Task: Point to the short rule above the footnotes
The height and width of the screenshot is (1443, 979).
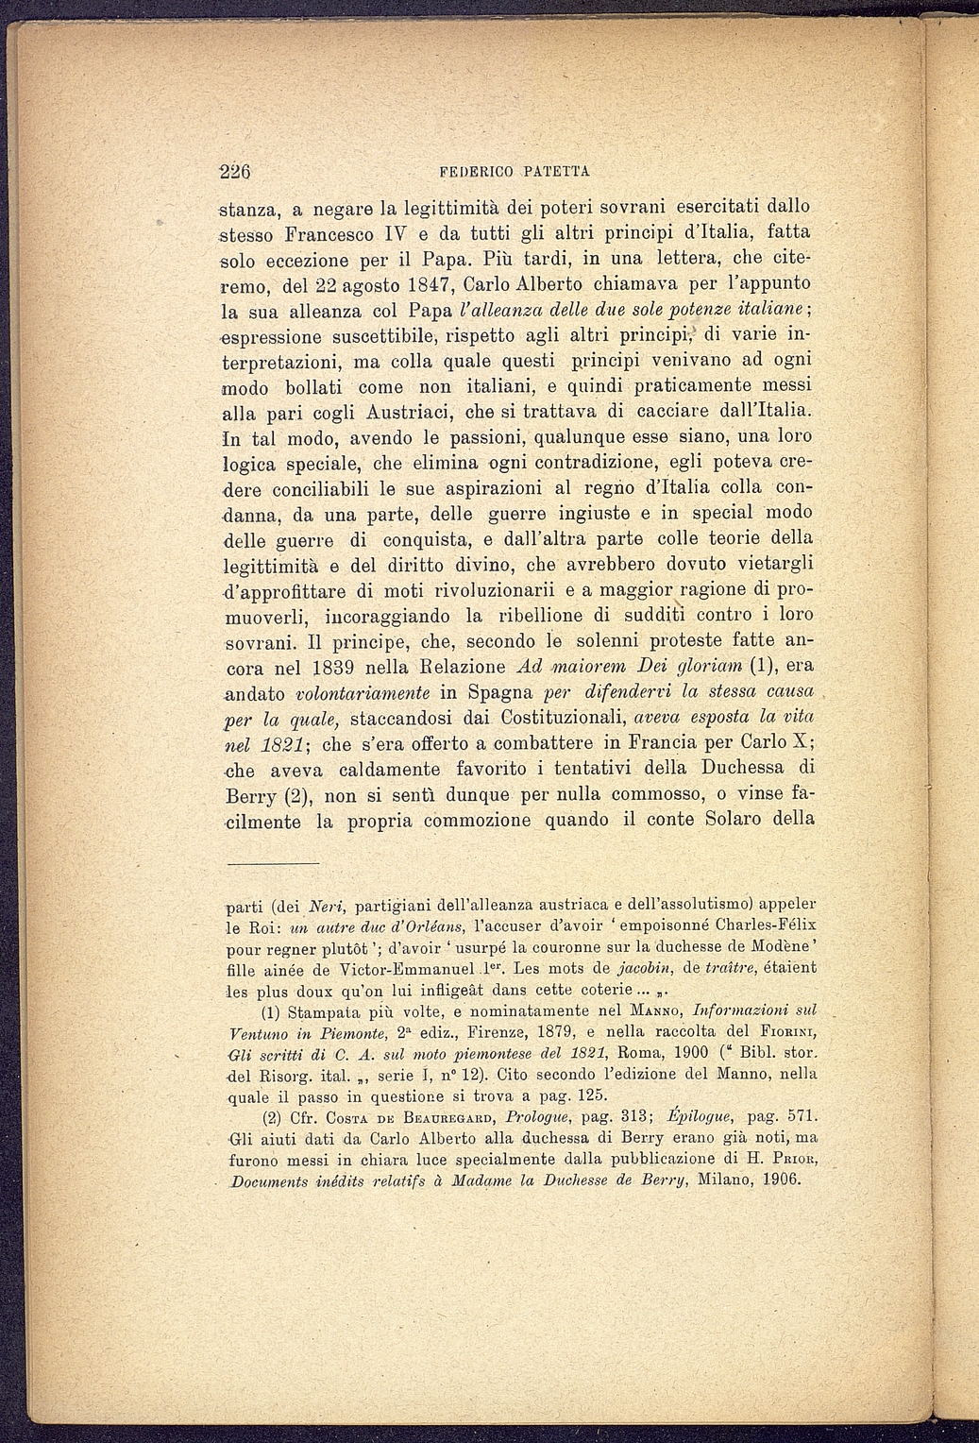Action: [273, 863]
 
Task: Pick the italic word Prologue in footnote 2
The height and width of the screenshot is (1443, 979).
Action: [536, 1117]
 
